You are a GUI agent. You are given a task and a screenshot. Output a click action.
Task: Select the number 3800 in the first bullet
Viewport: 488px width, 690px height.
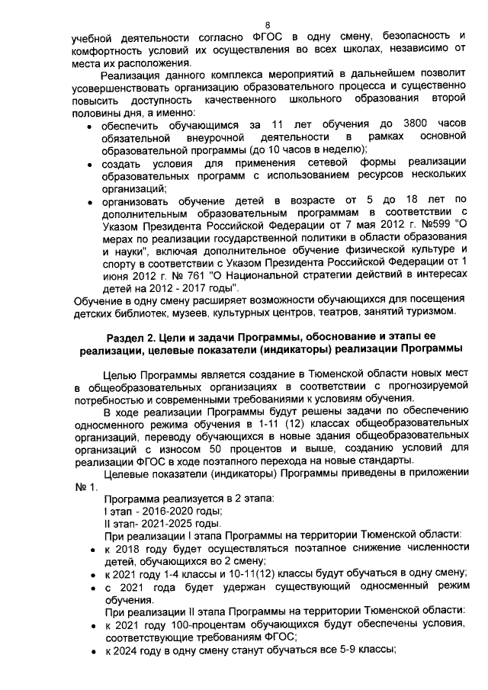pyautogui.click(x=416, y=124)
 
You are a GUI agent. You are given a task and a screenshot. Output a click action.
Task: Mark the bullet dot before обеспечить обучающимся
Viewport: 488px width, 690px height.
pyautogui.click(x=91, y=124)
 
